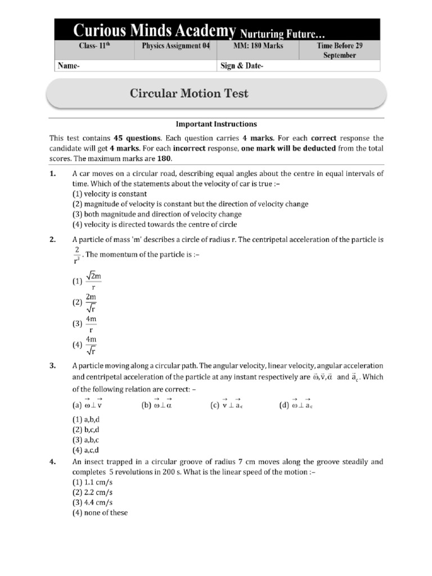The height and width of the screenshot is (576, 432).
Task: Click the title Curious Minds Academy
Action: point(147,29)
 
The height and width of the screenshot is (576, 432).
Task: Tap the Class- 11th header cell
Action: point(94,47)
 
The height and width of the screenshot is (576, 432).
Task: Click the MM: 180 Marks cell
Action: point(259,47)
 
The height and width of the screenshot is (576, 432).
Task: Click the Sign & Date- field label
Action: point(241,66)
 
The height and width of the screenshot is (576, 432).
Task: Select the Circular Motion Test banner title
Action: point(189,93)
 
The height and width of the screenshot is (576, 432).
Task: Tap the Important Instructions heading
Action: point(217,124)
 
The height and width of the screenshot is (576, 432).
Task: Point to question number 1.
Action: point(52,174)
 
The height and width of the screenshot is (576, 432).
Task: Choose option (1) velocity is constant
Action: point(109,193)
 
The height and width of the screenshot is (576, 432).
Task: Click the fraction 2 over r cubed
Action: point(77,254)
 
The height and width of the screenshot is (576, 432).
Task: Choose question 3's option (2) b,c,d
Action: point(85,430)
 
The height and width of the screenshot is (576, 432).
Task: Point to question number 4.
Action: point(52,462)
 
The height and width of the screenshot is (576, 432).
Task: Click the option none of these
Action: point(100,512)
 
